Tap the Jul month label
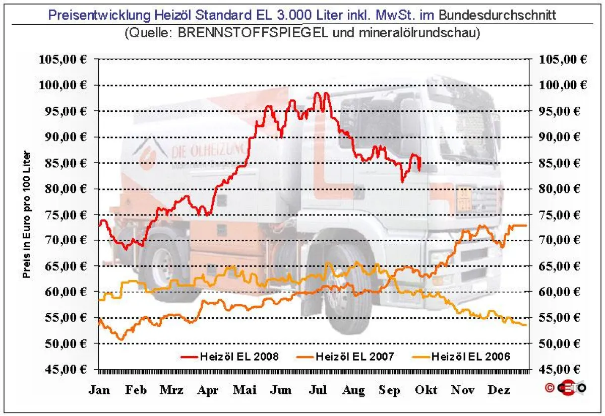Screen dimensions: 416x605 coord(318,390)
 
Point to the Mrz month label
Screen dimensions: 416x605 coord(171,390)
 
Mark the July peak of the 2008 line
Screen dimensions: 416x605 coord(317,94)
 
